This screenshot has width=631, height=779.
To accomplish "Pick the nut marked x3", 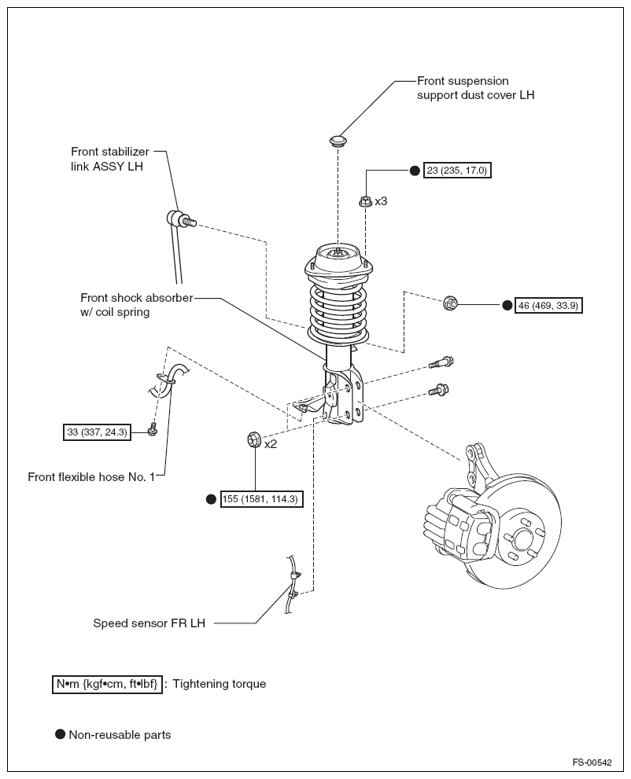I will click(365, 201).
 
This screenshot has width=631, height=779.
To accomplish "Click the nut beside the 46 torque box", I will click(451, 303).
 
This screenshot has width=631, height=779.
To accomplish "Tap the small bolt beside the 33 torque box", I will click(153, 430).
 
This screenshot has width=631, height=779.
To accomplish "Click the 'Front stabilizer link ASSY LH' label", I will click(108, 159).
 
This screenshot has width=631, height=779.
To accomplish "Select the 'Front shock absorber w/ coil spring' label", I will click(136, 305).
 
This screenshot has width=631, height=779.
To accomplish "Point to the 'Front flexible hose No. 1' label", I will click(91, 476).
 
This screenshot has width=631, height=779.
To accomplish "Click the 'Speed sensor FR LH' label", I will click(149, 623).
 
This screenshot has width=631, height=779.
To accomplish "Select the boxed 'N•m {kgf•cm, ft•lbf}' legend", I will click(107, 684).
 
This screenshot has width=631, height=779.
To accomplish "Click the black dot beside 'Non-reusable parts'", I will click(60, 734).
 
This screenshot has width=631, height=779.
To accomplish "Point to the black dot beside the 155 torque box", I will click(211, 498).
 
